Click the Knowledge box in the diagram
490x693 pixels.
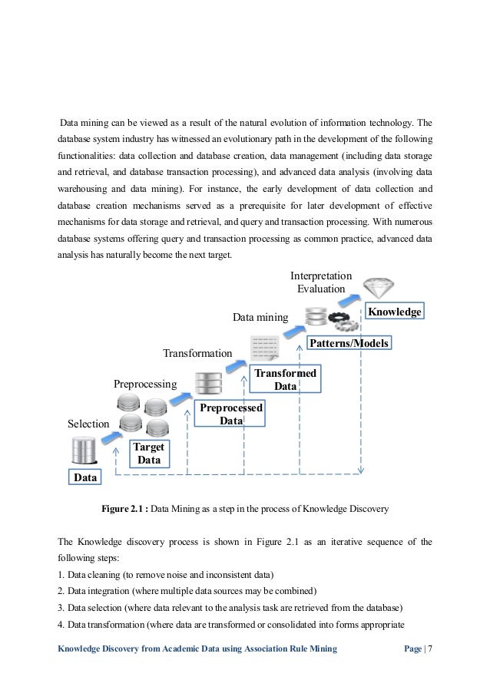tap(395, 312)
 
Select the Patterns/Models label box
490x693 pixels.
tap(349, 342)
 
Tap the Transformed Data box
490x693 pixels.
tap(286, 379)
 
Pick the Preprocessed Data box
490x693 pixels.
tap(230, 414)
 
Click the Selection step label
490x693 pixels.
tap(89, 423)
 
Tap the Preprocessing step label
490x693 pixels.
tap(145, 382)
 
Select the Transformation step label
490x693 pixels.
tap(197, 353)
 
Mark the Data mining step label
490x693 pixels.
tap(260, 316)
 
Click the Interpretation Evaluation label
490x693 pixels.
tap(321, 282)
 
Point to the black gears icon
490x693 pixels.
tap(343, 318)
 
